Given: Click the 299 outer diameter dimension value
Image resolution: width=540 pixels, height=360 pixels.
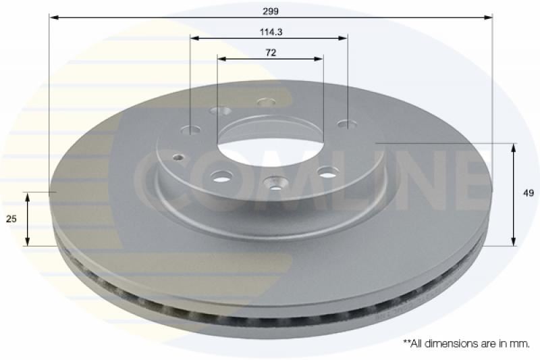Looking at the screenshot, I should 271,11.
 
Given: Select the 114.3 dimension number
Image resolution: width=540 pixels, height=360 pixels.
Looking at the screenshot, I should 269,31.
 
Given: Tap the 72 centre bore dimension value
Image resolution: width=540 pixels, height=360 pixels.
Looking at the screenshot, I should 270,53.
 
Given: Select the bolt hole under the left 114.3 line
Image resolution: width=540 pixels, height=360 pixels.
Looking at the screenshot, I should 191,130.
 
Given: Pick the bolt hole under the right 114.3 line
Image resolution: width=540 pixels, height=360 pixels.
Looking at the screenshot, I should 347,124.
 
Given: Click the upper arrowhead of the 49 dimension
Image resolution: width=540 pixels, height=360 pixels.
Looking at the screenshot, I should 514,148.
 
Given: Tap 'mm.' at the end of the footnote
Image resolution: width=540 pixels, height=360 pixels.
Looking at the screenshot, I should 520,344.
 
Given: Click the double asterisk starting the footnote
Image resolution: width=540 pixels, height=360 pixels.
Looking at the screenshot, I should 406,343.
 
